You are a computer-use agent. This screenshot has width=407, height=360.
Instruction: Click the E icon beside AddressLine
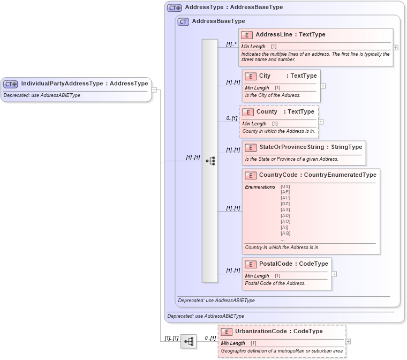(x=247, y=35)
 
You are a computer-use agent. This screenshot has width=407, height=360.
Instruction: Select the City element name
(x=265, y=76)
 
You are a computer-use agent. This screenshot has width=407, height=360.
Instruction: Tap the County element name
(x=267, y=112)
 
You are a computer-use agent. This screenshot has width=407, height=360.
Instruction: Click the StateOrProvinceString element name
(x=291, y=147)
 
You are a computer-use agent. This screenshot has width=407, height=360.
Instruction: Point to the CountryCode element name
(x=278, y=175)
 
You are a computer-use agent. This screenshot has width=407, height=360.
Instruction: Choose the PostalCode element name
(x=275, y=264)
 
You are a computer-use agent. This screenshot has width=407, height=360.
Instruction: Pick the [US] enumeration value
(x=285, y=186)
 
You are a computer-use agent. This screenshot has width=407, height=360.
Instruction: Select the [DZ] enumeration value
(x=285, y=204)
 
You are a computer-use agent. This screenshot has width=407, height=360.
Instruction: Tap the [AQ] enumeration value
(x=285, y=233)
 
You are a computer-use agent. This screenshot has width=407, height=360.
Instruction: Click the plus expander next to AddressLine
(x=396, y=47)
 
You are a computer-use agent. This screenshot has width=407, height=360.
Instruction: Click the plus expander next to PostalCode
(x=334, y=274)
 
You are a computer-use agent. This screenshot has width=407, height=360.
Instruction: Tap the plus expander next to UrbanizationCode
(x=349, y=341)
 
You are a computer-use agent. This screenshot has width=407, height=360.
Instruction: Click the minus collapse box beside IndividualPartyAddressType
(x=154, y=89)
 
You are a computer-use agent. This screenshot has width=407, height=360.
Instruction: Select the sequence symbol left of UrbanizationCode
(x=189, y=341)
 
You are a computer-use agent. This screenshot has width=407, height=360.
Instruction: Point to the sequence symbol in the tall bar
(x=210, y=161)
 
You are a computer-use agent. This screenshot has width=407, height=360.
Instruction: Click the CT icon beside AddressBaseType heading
(x=183, y=21)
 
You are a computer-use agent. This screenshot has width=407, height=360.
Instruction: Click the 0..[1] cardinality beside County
(x=231, y=118)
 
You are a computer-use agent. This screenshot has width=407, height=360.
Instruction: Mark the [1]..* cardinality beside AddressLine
(x=231, y=44)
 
